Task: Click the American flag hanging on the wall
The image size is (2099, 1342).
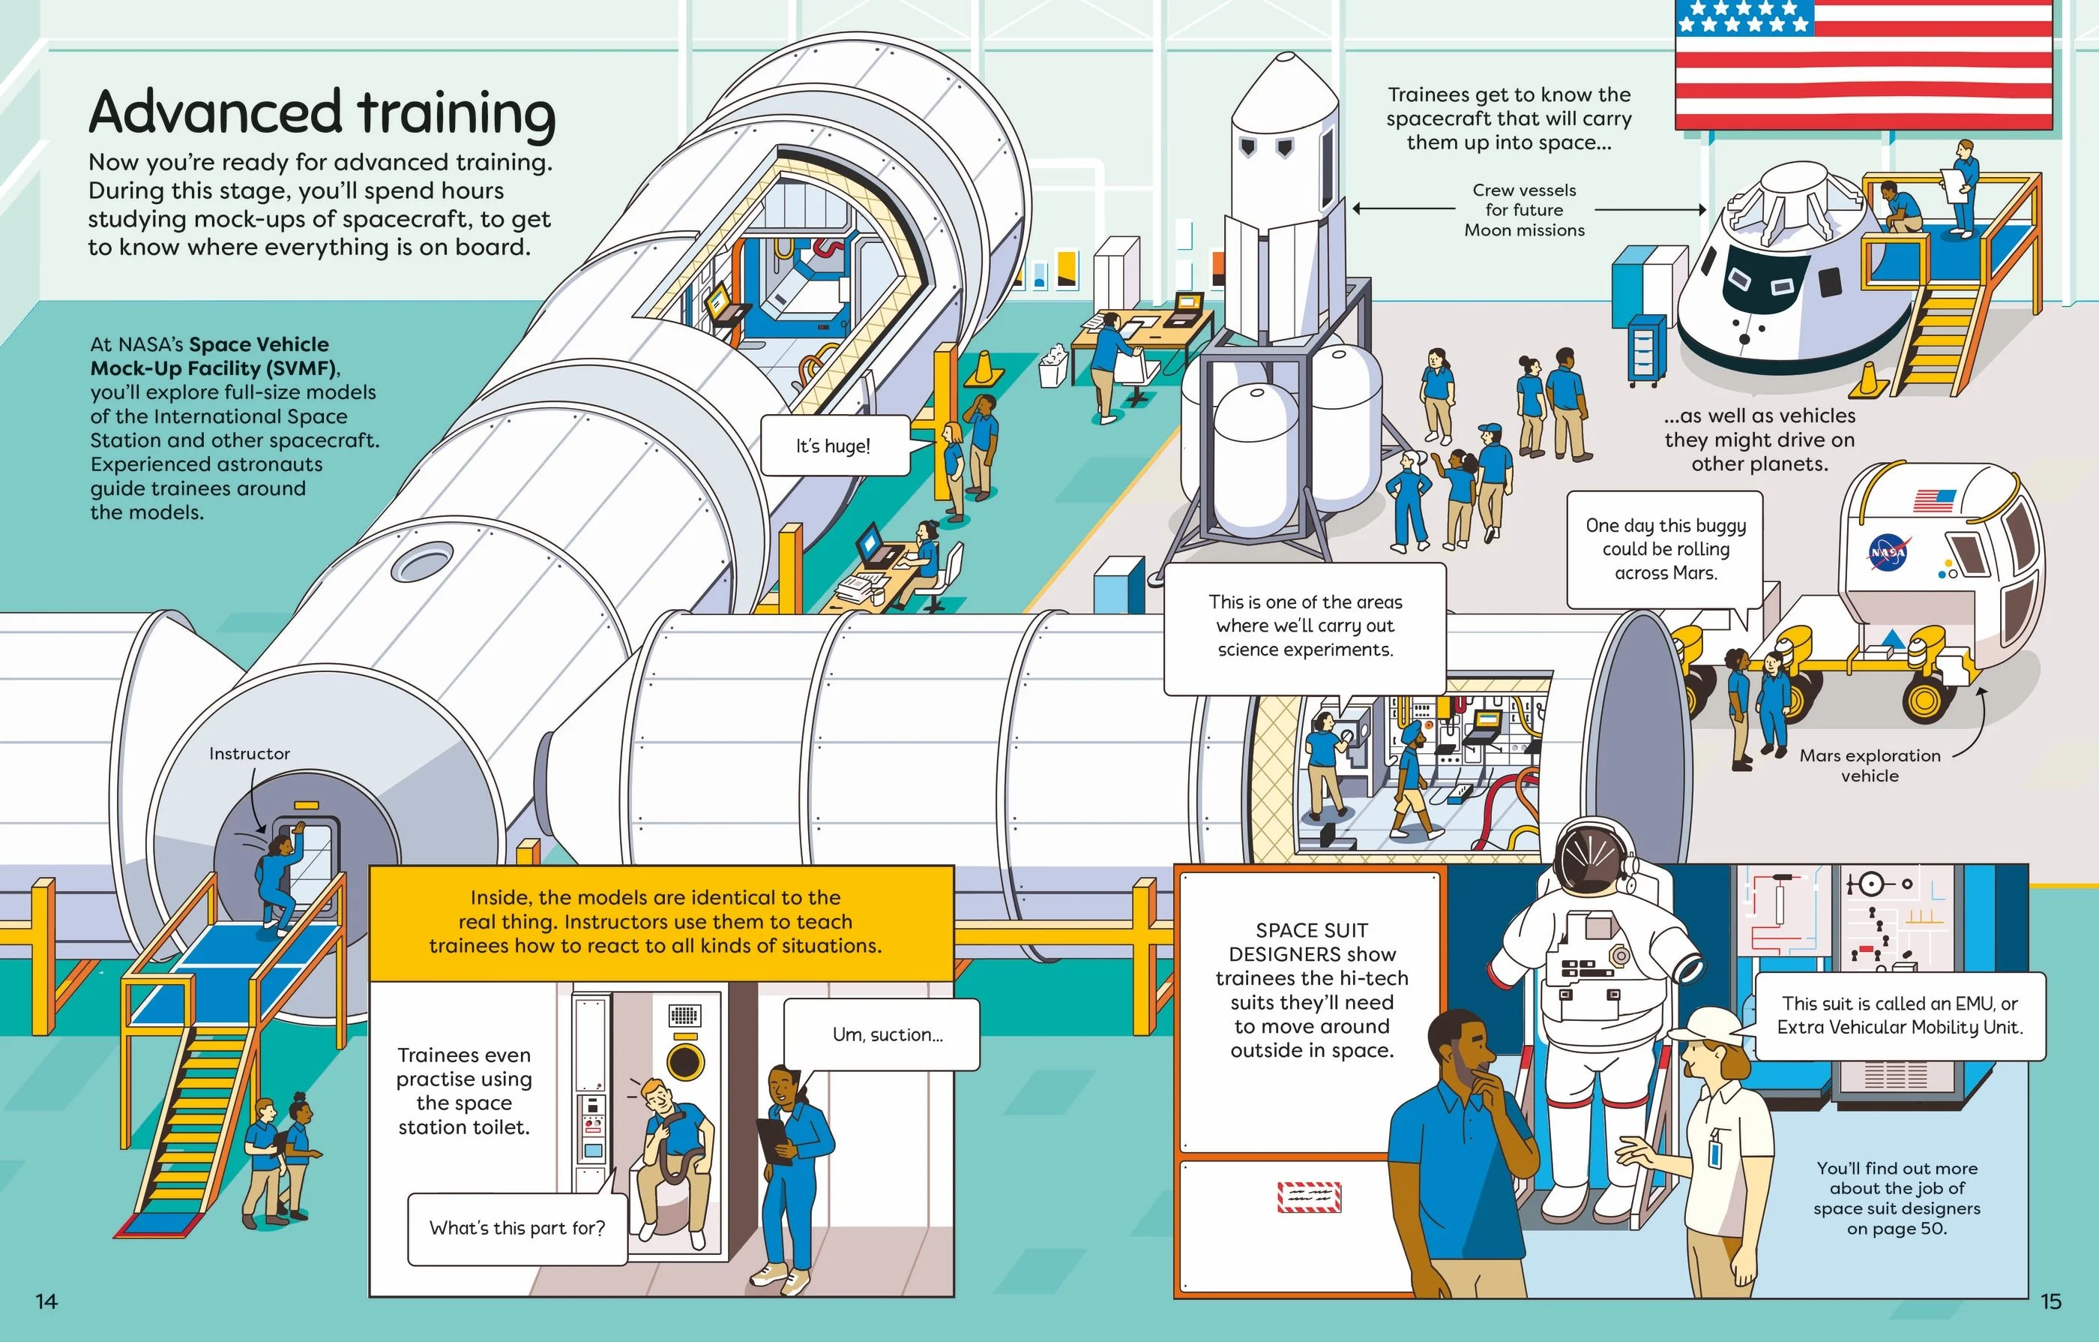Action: point(1864,65)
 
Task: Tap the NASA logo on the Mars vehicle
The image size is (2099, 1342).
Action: point(1888,553)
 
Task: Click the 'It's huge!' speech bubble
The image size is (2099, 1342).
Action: point(834,446)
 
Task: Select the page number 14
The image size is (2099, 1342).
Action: point(46,1301)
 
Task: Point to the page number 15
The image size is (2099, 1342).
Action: point(2051,1301)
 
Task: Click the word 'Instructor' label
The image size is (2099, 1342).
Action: point(250,753)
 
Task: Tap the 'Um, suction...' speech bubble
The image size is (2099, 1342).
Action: point(882,1034)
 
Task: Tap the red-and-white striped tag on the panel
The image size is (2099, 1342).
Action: point(1310,1197)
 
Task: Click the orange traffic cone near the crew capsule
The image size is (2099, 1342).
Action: point(1867,380)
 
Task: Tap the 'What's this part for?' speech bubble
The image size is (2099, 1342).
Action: point(518,1228)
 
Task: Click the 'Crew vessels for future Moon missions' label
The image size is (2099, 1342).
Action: point(1525,210)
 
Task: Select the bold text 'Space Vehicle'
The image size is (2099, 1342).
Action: point(259,344)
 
